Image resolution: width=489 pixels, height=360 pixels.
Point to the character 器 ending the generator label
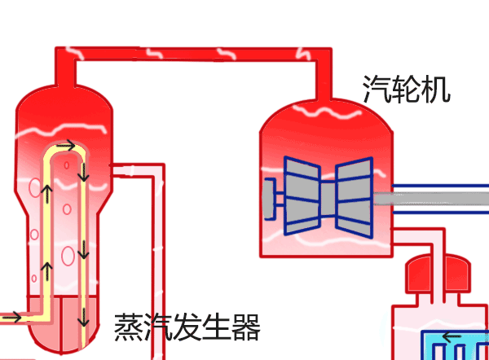click(245, 327)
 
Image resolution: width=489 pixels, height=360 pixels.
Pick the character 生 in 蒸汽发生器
click(217, 327)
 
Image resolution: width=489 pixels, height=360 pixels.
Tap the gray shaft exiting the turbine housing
click(440, 195)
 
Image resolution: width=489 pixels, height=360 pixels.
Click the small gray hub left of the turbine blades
click(271, 195)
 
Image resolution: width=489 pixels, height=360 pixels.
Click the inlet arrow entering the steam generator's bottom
click(12, 316)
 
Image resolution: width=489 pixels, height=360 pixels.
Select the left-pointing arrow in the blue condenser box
click(451, 336)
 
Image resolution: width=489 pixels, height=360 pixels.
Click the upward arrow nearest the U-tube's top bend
click(47, 194)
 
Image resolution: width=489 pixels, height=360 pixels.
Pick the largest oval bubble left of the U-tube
click(33, 187)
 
